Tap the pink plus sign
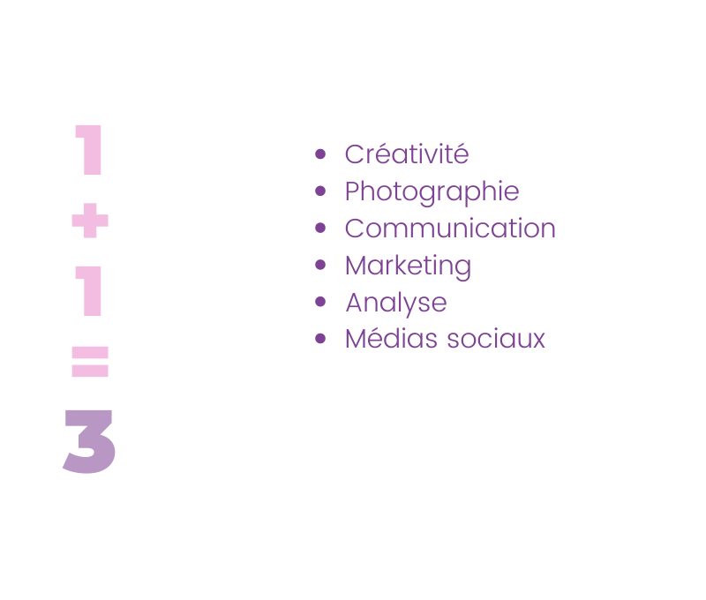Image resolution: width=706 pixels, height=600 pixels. tap(90, 221)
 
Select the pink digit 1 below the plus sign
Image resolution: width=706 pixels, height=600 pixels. tap(90, 290)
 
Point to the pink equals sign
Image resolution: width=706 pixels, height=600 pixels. tap(90, 361)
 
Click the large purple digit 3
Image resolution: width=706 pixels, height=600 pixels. tap(90, 442)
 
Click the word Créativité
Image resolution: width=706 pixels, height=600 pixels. tap(406, 154)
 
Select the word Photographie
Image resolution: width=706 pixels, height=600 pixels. tap(432, 191)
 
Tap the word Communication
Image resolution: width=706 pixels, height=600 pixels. tap(450, 229)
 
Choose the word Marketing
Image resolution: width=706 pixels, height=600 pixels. tap(408, 266)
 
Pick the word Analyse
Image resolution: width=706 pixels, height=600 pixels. tap(395, 303)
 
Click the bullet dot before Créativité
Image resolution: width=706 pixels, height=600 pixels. tap(320, 154)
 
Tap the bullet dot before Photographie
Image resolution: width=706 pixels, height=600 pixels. tap(320, 191)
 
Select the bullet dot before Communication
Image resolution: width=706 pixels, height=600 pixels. tap(320, 228)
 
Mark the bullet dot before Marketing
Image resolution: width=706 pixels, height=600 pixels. tap(320, 265)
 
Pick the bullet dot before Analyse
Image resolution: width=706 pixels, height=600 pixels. tap(320, 302)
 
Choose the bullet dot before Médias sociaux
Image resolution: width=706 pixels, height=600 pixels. tap(320, 339)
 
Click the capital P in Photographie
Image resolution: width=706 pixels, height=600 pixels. tap(352, 191)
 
